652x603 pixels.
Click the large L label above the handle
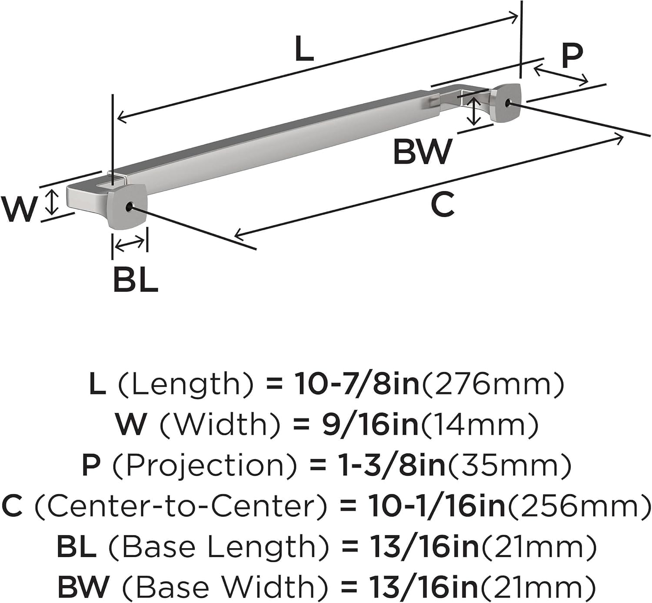coord(304,49)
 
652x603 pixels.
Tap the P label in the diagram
coord(571,56)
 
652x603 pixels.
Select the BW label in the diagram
coord(422,152)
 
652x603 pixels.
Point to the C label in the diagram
coord(442,205)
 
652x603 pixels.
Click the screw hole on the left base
coord(129,207)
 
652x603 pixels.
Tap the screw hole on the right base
coord(509,103)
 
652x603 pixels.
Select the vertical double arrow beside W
coord(52,202)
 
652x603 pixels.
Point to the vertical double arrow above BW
coord(473,110)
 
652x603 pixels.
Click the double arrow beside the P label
coord(561,74)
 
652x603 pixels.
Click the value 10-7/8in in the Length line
coord(357,384)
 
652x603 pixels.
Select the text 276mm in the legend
coord(493,384)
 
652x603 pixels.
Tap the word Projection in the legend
coord(205,465)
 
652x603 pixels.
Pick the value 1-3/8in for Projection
coord(393,465)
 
